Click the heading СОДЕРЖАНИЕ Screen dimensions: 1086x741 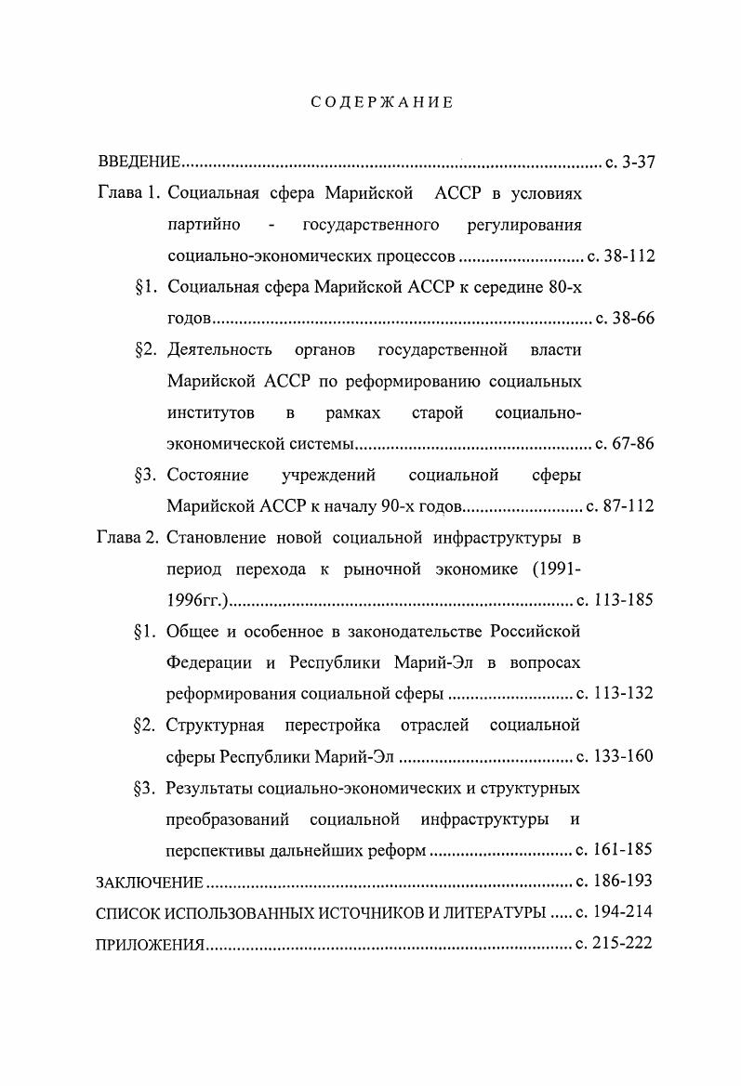tap(381, 102)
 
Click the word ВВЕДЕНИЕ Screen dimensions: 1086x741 tap(139, 163)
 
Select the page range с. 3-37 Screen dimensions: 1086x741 tap(630, 163)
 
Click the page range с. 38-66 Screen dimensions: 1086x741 tap(625, 319)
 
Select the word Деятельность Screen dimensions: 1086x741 tap(219, 350)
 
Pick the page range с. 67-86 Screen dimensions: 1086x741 tap(624, 444)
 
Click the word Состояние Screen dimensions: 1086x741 tap(207, 476)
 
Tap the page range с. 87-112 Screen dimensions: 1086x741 tap(621, 507)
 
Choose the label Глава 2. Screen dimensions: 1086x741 tap(128, 538)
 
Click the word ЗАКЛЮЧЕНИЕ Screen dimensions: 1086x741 tap(149, 882)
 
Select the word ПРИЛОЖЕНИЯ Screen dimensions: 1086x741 tap(150, 944)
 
